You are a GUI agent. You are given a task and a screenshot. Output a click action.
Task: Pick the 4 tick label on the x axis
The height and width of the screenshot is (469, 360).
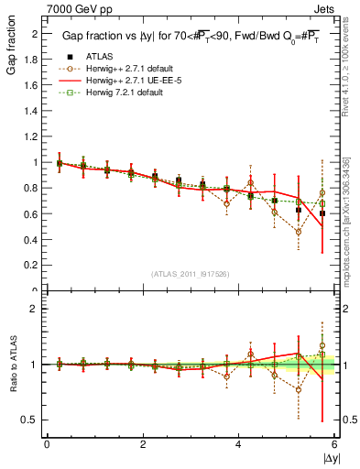coord(238,444)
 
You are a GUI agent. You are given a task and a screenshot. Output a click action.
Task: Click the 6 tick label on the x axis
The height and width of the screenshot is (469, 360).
coord(334,444)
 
